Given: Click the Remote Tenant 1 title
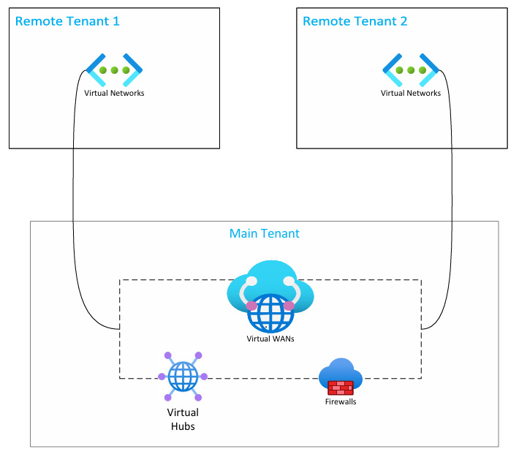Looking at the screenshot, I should (x=67, y=20).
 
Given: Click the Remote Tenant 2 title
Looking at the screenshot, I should (x=355, y=20).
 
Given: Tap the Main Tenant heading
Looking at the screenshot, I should (x=265, y=234).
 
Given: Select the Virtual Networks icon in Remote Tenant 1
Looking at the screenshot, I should (x=114, y=70).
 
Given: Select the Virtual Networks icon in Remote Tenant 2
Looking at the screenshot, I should (x=411, y=70).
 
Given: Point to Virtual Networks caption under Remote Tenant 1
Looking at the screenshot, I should (x=114, y=93).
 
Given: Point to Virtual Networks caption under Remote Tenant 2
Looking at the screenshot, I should (x=411, y=93).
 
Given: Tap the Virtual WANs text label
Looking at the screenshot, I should (x=270, y=339).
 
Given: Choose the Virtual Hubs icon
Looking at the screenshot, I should (x=183, y=377).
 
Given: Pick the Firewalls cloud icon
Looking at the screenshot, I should (x=340, y=374).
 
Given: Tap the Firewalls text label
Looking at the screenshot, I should (x=341, y=401).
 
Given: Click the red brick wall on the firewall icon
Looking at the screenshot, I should (x=341, y=387).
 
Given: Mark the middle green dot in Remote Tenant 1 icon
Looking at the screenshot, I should (x=114, y=70).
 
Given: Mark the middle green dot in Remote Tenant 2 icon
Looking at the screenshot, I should (x=411, y=70).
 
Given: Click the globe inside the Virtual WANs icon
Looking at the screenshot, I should (x=270, y=314).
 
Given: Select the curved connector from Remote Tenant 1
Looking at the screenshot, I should (x=74, y=219).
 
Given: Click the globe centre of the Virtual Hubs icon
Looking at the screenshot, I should (x=183, y=377).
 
